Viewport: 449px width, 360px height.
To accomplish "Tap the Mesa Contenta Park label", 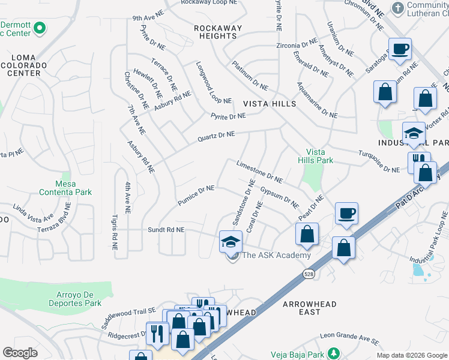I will (65, 188).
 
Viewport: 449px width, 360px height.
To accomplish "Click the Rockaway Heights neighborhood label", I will (218, 32).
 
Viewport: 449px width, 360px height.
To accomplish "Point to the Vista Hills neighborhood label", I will (270, 104).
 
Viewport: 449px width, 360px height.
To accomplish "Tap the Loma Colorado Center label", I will (25, 65).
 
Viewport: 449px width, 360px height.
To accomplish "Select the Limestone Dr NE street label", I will (259, 172).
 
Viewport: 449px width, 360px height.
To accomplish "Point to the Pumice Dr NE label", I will (196, 196).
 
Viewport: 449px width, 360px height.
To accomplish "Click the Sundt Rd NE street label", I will (167, 230).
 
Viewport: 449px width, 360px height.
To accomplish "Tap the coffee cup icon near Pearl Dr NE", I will (346, 214).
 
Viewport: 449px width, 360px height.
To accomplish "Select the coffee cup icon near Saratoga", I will (400, 49).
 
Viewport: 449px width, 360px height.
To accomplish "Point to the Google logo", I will (20, 353).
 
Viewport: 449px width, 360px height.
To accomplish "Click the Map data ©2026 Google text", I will (412, 355).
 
